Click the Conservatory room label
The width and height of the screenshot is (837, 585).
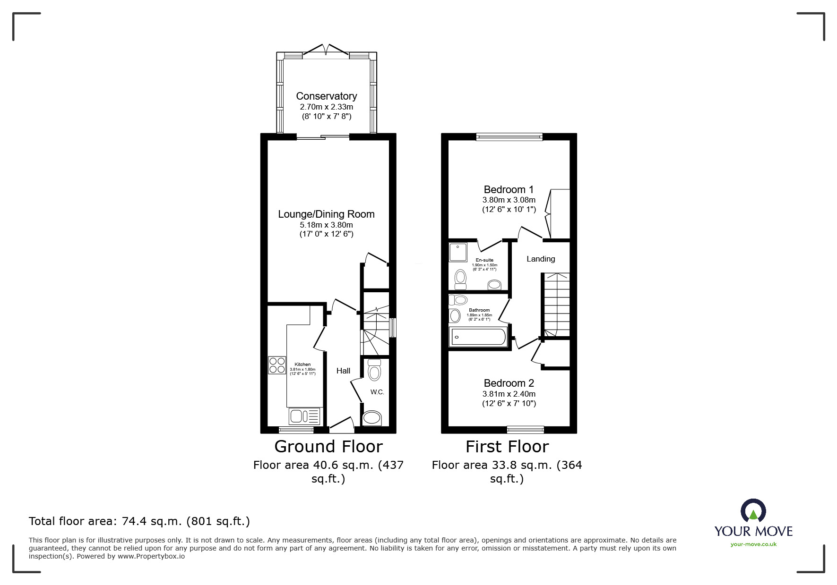[x=326, y=96]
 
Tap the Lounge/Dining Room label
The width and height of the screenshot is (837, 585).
[x=326, y=214]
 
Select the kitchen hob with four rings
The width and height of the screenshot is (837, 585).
[x=277, y=365]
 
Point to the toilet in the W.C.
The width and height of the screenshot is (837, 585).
[x=374, y=370]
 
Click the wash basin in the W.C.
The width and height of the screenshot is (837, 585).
[x=372, y=418]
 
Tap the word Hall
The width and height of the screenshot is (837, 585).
[x=343, y=371]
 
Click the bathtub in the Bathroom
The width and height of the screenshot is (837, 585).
[x=479, y=337]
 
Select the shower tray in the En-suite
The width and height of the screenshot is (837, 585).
[x=457, y=252]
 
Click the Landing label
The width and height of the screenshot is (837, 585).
[x=541, y=259]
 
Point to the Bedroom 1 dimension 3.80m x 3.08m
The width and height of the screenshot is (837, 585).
[x=509, y=200]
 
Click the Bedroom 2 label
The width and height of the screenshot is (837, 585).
[x=509, y=383]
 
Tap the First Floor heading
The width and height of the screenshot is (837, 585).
[x=507, y=447]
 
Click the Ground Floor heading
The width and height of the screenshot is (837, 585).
[x=328, y=447]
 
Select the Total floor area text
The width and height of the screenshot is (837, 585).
[x=139, y=521]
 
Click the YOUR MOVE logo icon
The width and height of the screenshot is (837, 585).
[x=753, y=511]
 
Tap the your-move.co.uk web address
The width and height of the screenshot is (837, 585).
[x=753, y=544]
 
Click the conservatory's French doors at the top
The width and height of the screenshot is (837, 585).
[x=326, y=50]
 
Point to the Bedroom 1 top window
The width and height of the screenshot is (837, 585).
[x=509, y=137]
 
